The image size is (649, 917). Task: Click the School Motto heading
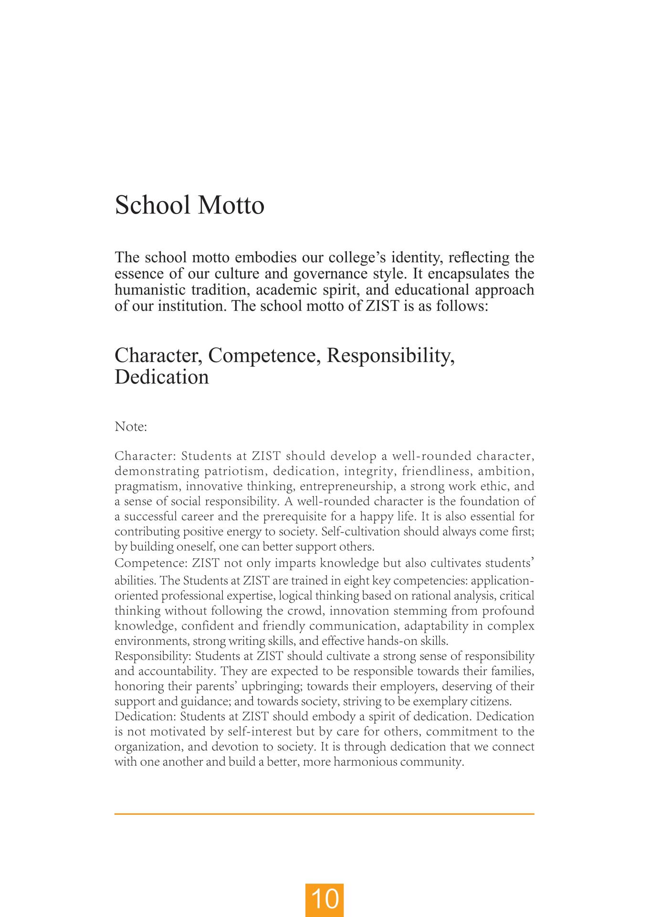point(189,205)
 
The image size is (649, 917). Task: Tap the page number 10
point(324,899)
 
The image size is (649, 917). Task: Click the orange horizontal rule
point(324,814)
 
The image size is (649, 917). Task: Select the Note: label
point(131,427)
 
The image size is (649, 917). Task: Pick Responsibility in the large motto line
point(390,356)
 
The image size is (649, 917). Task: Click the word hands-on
point(392,641)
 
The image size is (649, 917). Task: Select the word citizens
point(492,702)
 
